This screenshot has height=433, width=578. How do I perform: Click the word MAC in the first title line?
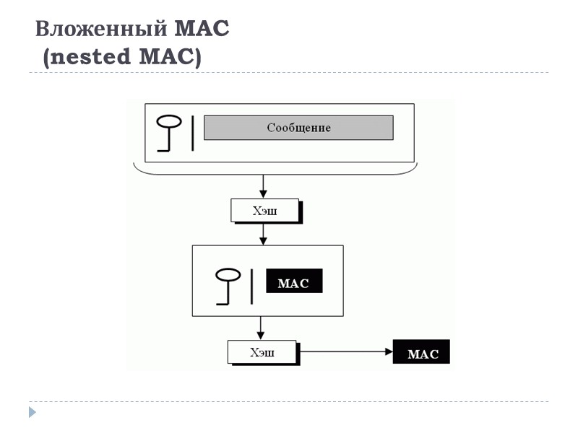202,30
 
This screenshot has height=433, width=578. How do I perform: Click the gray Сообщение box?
298,128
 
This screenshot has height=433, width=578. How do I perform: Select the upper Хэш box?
264,211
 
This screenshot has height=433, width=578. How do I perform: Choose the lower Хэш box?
262,352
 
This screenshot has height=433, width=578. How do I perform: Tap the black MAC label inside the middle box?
293,282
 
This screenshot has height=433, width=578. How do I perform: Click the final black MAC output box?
421,352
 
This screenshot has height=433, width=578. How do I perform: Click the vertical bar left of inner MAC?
251,286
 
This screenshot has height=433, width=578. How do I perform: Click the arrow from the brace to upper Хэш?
263,186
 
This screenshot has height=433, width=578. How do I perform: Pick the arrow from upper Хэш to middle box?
263,233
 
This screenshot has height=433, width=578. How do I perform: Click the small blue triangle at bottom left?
32,413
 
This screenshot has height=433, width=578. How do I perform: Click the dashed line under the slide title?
289,73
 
